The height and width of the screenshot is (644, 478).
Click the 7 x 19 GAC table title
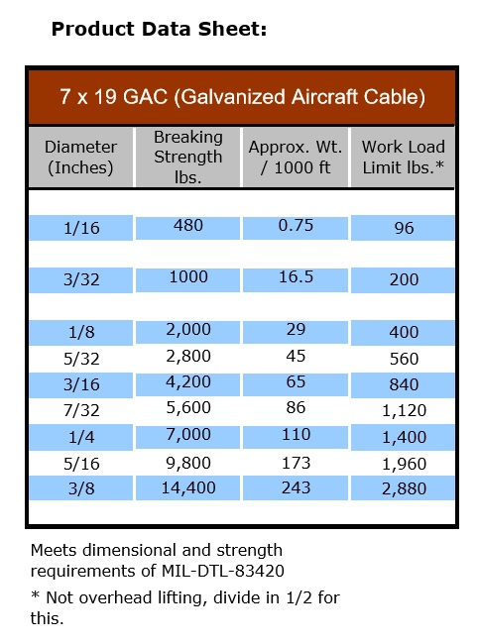coord(242,97)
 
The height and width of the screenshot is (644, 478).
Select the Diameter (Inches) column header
coord(81,157)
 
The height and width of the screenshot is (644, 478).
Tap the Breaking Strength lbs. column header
coord(187,157)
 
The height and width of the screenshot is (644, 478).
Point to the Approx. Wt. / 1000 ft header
coord(295,157)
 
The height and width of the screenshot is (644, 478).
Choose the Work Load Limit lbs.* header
coord(404,157)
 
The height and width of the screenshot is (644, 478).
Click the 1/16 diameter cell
coord(81,228)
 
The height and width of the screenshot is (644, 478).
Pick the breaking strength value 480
coord(187,225)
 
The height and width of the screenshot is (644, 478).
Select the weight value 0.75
coord(296,225)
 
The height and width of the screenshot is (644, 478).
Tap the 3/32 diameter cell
coord(81,280)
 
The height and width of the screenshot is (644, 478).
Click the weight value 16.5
coord(296,278)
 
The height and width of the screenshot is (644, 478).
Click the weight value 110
coord(296,435)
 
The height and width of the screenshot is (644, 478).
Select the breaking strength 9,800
coord(187,462)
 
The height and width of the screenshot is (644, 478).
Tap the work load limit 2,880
coord(404,489)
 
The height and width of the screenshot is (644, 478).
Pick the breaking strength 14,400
coord(187,487)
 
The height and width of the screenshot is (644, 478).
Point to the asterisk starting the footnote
coord(35,597)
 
